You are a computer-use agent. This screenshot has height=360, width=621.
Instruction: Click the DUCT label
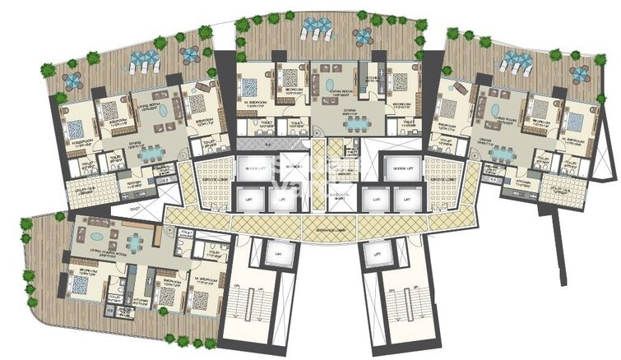click(x=137, y=210)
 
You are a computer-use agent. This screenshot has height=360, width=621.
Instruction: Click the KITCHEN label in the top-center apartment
click(x=371, y=73)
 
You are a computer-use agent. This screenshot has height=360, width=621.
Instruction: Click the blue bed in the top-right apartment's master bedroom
click(x=572, y=122)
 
